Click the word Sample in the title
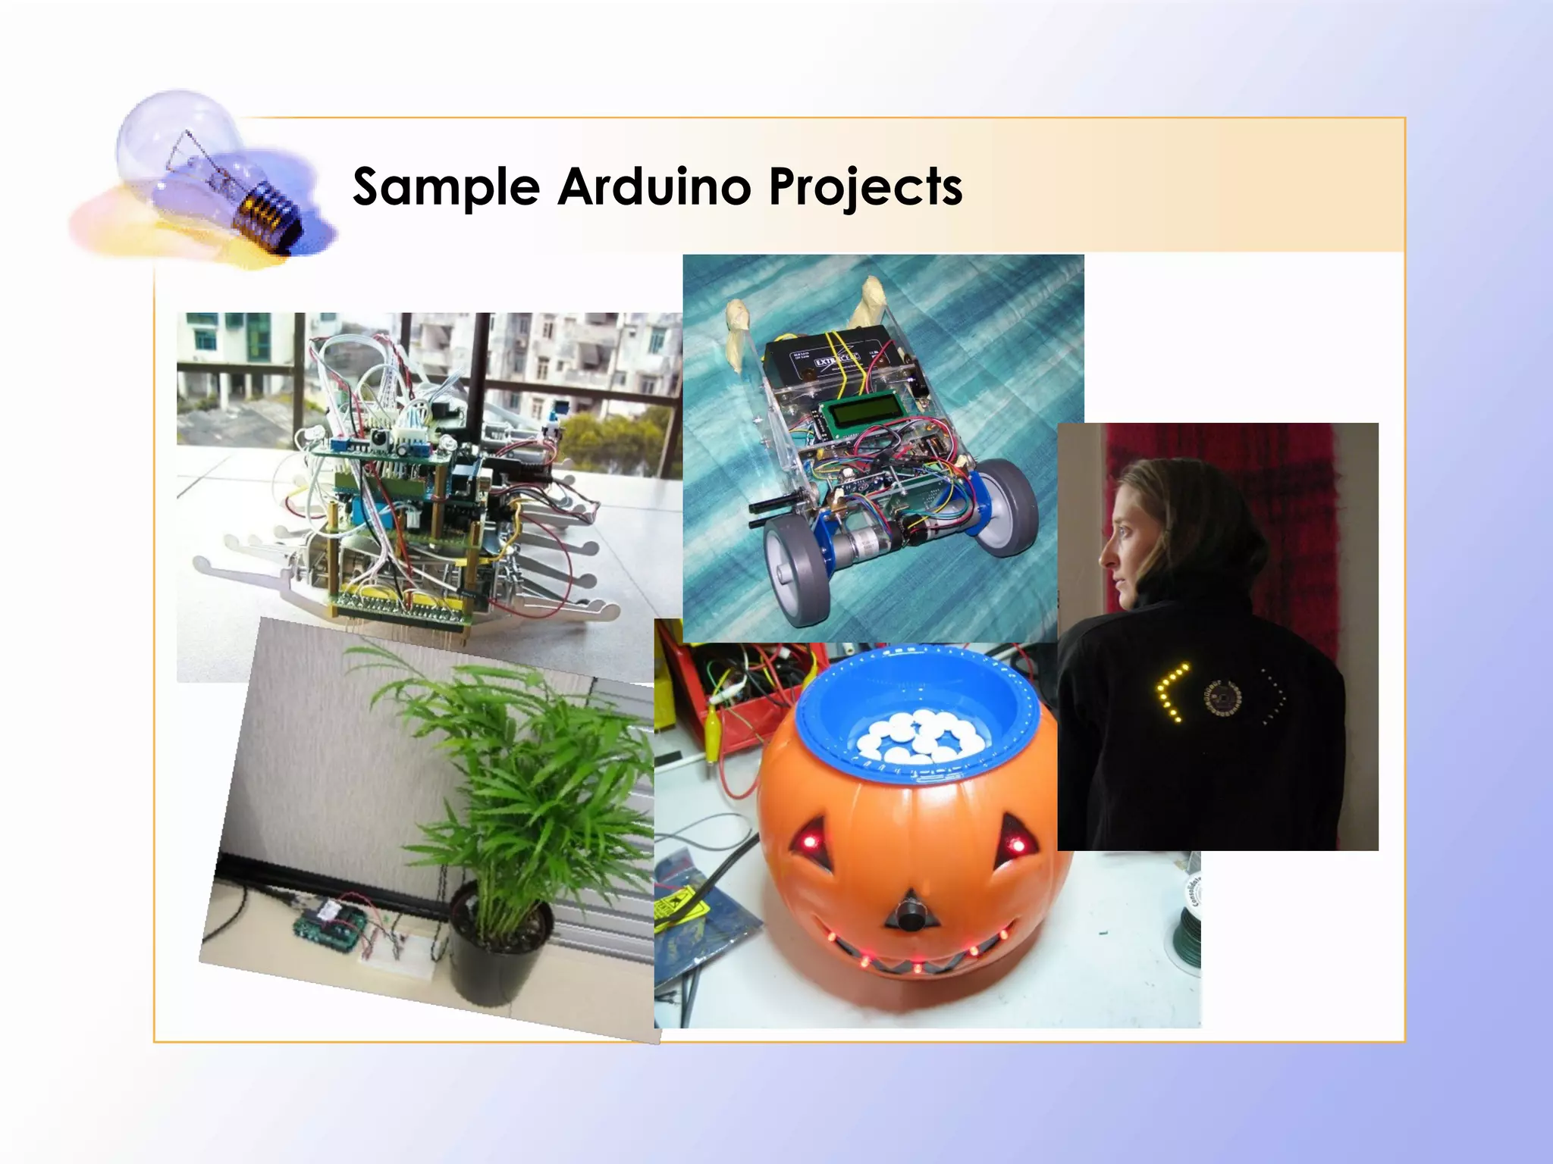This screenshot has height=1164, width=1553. coord(446,186)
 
